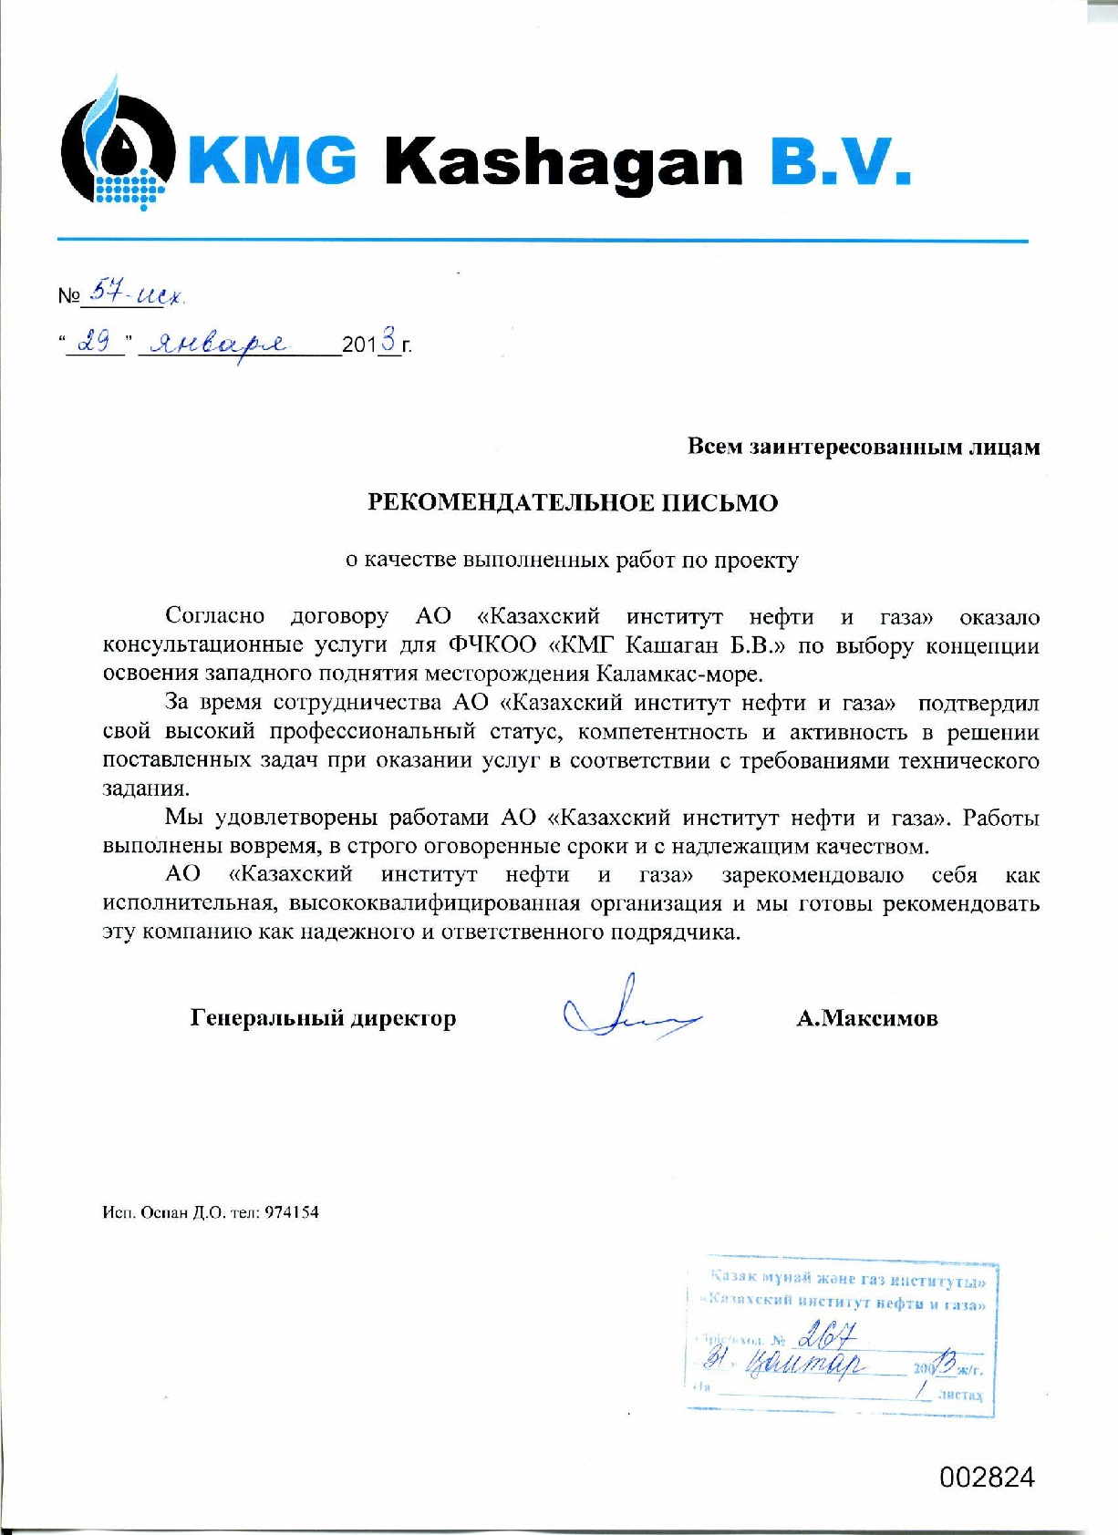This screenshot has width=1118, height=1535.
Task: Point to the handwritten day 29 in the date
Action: [95, 343]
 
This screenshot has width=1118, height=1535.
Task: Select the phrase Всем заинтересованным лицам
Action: [863, 447]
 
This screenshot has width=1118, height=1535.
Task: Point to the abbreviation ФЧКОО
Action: [493, 645]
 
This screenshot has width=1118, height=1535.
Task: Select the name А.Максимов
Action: [866, 1018]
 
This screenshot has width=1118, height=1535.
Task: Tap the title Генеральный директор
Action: [323, 1018]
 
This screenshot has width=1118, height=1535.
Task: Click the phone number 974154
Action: [292, 1212]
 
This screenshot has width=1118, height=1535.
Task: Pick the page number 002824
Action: [987, 1477]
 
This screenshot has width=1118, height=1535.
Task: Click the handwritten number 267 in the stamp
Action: [826, 1337]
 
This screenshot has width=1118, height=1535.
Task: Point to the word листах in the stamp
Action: [960, 1396]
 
